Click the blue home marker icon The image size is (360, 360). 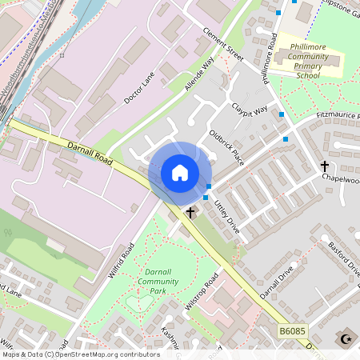point(179,173)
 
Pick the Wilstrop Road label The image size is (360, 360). point(203,291)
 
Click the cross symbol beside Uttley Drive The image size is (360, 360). point(190,213)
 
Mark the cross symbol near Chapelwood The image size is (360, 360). point(325,166)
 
